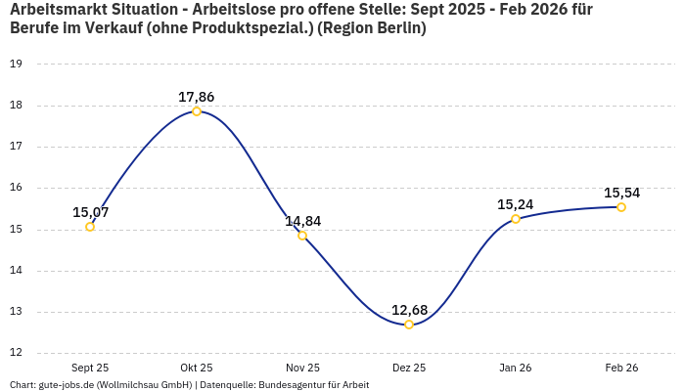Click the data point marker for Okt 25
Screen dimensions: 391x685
[197, 111]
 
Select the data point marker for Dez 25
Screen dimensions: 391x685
[409, 325]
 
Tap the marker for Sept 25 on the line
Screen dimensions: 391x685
[90, 227]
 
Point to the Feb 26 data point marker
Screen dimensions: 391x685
[621, 207]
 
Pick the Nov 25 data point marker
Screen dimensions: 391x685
[302, 236]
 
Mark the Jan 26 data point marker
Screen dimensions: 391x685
[516, 219]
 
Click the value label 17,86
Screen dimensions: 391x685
[197, 97]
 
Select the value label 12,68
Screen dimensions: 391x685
[409, 310]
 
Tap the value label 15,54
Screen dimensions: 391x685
[621, 193]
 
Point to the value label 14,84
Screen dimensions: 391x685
[302, 221]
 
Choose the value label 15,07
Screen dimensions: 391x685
[90, 212]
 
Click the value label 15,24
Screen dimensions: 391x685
[516, 204]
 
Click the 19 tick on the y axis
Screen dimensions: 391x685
[16, 64]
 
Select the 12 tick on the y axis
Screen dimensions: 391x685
[16, 354]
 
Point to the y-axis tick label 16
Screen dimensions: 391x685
[16, 188]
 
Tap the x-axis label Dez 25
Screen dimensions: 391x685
[409, 368]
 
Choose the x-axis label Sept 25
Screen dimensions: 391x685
[90, 368]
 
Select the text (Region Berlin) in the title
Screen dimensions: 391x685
[377, 28]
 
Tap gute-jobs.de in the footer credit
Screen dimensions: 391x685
[66, 385]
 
